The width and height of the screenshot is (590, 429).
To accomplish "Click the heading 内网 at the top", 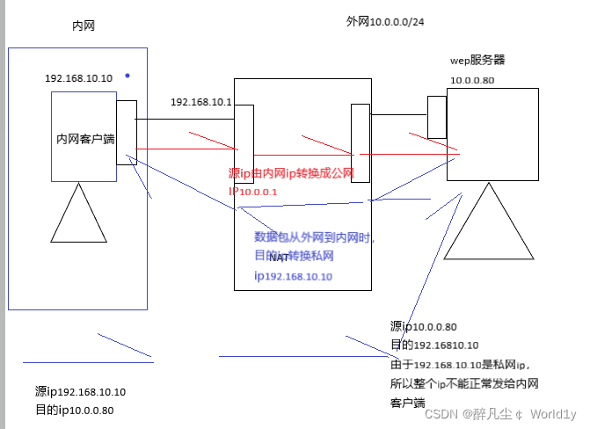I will pyautogui.click(x=83, y=26).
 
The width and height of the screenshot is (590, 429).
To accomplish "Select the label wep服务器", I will pyautogui.click(x=477, y=61).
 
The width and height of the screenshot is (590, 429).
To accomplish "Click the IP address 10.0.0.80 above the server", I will pyautogui.click(x=472, y=80).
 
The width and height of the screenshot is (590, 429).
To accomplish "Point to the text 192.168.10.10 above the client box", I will pyautogui.click(x=79, y=78).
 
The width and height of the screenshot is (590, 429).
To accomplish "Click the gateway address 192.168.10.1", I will pyautogui.click(x=200, y=102).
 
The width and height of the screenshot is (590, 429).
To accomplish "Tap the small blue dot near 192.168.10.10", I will pyautogui.click(x=127, y=76).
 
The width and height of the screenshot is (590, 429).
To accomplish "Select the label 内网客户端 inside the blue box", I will pyautogui.click(x=84, y=139).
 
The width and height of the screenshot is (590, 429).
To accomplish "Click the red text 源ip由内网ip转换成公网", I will pyautogui.click(x=290, y=174).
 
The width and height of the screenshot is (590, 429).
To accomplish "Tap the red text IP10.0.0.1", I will pyautogui.click(x=253, y=192).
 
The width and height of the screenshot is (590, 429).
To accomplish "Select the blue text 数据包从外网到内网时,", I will pyautogui.click(x=314, y=237).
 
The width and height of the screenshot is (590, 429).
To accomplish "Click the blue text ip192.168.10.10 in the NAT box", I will pyautogui.click(x=294, y=276).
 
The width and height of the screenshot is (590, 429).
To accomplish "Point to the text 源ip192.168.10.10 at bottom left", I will pyautogui.click(x=80, y=392).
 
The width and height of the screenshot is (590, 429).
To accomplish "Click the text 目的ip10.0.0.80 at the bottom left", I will pyautogui.click(x=75, y=410).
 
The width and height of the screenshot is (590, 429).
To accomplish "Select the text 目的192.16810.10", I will pyautogui.click(x=433, y=345).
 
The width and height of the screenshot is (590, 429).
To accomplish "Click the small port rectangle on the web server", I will pyautogui.click(x=436, y=117).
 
